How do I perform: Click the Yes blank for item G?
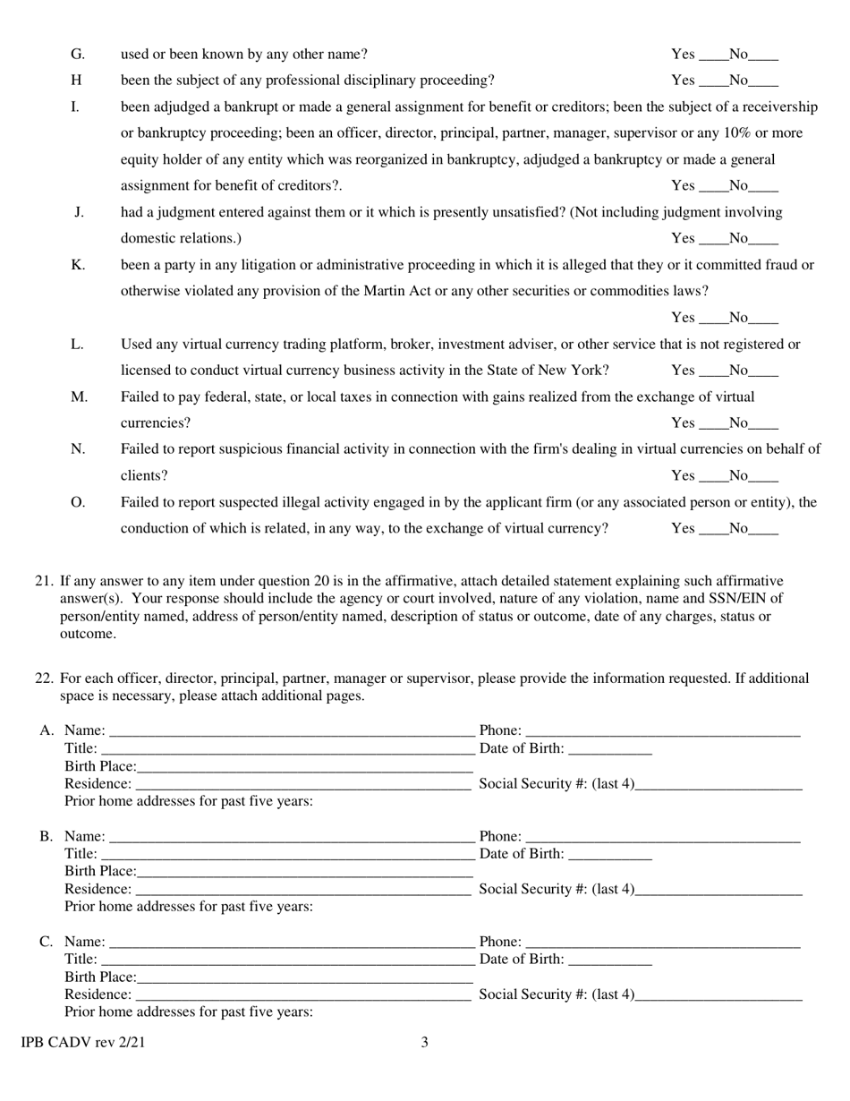pos(710,55)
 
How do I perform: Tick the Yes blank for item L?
pos(710,371)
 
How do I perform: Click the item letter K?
pos(78,265)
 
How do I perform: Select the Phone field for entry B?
pos(662,836)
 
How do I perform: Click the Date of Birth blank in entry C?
pos(610,960)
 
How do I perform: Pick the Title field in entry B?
pos(286,854)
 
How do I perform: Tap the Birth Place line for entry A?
pos(304,767)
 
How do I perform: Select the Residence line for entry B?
pos(302,890)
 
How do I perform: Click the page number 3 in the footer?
pos(425,1042)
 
